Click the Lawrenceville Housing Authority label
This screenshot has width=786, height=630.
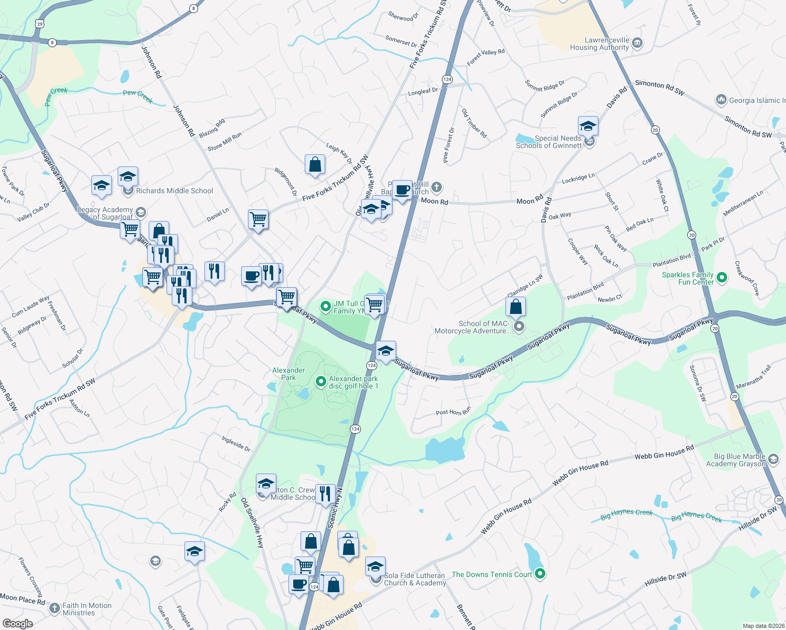pyautogui.click(x=599, y=44)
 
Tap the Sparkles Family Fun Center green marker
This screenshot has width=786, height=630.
pyautogui.click(x=722, y=278)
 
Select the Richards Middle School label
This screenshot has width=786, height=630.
pyautogui.click(x=174, y=191)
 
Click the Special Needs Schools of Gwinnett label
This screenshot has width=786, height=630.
pyautogui.click(x=549, y=142)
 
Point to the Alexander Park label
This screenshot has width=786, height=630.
pyautogui.click(x=288, y=374)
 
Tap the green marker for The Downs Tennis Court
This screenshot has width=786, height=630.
pyautogui.click(x=540, y=574)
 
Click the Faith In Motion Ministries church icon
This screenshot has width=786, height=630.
pyautogui.click(x=55, y=608)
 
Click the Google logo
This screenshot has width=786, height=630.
pyautogui.click(x=17, y=624)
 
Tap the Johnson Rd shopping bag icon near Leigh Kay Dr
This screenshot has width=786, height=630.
pyautogui.click(x=315, y=165)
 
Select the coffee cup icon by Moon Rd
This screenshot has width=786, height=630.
pyautogui.click(x=402, y=190)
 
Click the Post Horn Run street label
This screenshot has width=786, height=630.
pyautogui.click(x=453, y=411)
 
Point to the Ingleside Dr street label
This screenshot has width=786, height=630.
pyautogui.click(x=236, y=444)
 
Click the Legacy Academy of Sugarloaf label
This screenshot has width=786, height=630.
pyautogui.click(x=105, y=213)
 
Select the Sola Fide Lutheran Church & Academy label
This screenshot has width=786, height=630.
pyautogui.click(x=415, y=579)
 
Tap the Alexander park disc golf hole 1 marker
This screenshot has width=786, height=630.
pyautogui.click(x=320, y=382)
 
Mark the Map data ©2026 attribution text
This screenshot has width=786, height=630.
pyautogui.click(x=763, y=626)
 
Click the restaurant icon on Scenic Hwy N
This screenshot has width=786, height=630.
pyautogui.click(x=325, y=494)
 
